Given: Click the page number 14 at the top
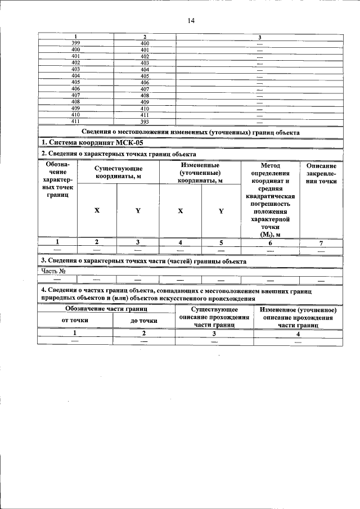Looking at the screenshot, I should [191, 21].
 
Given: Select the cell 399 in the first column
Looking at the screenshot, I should [76, 43].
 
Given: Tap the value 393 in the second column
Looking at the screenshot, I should [145, 121].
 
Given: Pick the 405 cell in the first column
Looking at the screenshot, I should [76, 82].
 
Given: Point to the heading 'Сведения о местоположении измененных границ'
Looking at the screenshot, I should [190, 132].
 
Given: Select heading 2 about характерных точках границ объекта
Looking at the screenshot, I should [119, 154].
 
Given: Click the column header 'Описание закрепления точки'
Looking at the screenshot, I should [322, 174].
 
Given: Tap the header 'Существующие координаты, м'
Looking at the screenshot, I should [118, 172].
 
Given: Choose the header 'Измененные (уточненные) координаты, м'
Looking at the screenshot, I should [200, 173].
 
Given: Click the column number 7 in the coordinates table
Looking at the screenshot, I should [321, 242].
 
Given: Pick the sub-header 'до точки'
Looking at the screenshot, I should [144, 320].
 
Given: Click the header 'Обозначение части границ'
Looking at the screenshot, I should [106, 309].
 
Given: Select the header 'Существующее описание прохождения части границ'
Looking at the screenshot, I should [214, 317].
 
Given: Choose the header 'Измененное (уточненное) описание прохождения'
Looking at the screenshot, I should [298, 317].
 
